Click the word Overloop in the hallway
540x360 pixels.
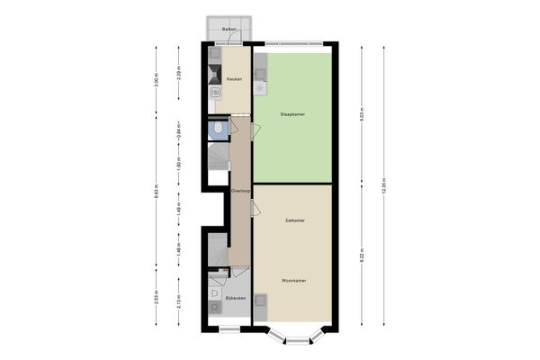coord(239,192)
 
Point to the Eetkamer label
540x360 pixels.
coord(293,220)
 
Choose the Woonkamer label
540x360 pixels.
coord(293,281)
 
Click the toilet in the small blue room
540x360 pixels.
coord(219,130)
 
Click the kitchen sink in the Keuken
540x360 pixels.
coord(216,91)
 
